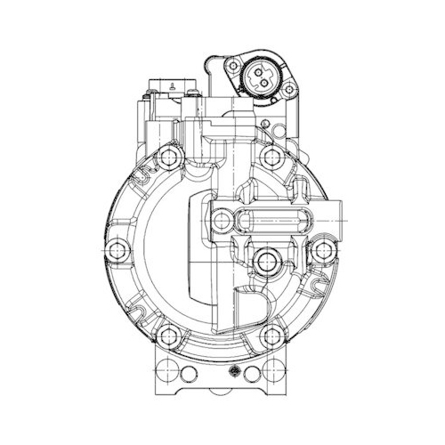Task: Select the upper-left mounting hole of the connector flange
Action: (x=233, y=66)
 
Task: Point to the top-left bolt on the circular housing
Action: (x=168, y=159)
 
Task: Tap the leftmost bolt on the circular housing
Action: (x=113, y=248)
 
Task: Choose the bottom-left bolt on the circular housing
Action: (x=168, y=337)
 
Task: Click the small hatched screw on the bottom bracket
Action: (x=234, y=372)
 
